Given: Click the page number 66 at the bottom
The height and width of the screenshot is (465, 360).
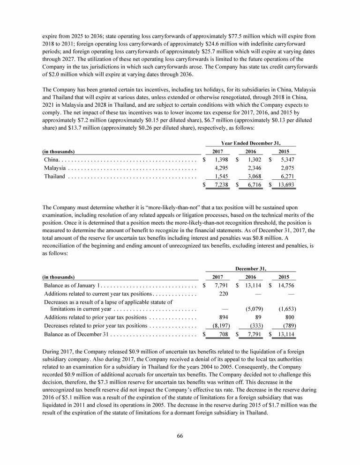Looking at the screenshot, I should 180,435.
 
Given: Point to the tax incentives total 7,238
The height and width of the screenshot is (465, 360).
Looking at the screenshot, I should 221,185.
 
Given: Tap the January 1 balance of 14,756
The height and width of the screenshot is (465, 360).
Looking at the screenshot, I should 285,285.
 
